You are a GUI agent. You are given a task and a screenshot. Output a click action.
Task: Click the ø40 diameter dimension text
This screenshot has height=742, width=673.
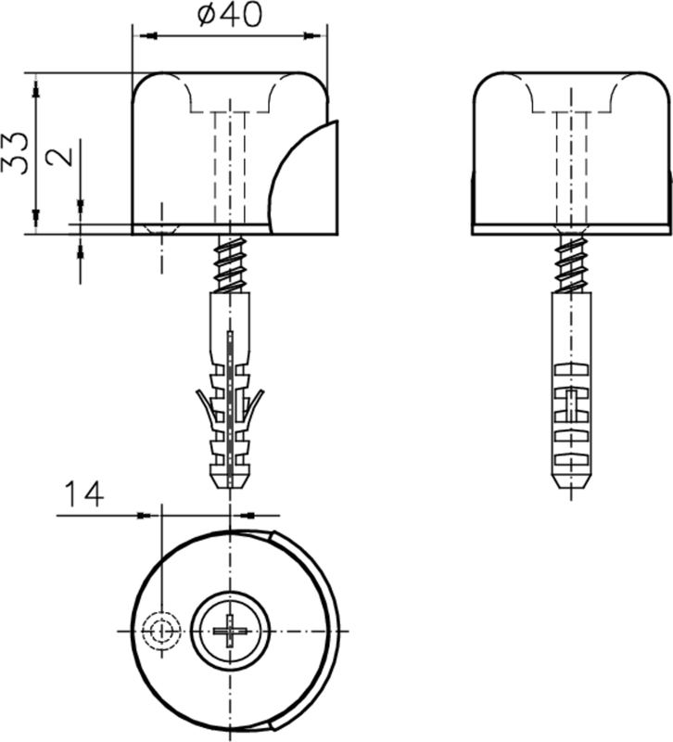tap(230, 16)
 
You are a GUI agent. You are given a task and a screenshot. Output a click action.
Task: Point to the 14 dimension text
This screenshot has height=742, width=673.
tap(84, 493)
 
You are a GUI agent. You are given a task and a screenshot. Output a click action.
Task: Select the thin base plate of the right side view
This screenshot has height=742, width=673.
tap(572, 229)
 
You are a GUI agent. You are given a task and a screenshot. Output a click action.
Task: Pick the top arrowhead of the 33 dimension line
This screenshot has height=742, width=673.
tap(35, 86)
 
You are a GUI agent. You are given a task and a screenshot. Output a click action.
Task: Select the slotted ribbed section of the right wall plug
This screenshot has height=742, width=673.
tap(572, 408)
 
